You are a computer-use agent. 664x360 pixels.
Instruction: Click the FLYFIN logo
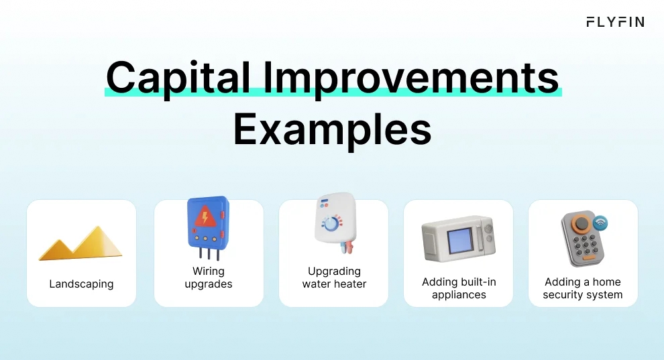[x=614, y=22]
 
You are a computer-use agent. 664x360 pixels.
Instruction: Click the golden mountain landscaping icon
[x=80, y=243]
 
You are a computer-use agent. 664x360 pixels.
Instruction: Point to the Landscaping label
[x=81, y=284]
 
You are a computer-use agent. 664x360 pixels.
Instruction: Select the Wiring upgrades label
[x=209, y=278]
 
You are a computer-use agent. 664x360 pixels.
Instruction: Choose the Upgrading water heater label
[x=334, y=278]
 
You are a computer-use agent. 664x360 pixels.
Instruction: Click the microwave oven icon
[x=458, y=240]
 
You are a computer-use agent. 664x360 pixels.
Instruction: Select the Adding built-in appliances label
[x=459, y=288]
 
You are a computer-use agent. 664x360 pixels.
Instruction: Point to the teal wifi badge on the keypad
[x=600, y=222]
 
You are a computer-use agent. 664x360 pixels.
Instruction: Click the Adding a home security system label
[x=583, y=288]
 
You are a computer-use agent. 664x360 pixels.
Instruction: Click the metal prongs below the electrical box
[x=209, y=253]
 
